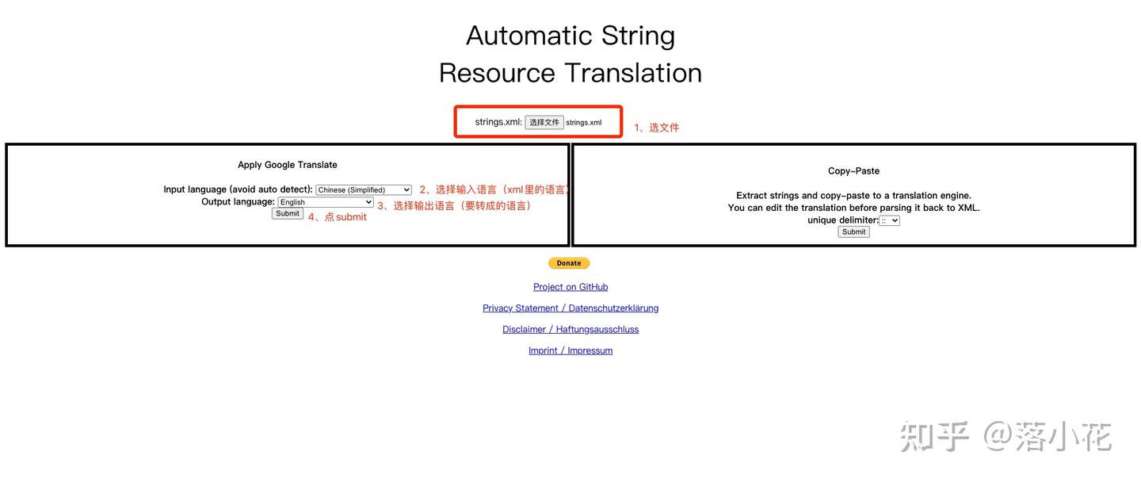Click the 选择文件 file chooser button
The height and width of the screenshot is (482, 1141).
[544, 122]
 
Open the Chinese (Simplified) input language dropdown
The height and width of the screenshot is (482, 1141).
[364, 190]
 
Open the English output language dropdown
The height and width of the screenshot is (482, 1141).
[326, 202]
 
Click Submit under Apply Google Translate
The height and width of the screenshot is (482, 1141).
[288, 214]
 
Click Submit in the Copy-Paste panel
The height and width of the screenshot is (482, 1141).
[853, 232]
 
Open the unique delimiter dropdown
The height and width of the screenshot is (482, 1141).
[890, 220]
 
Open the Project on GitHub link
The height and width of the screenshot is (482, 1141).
[570, 287]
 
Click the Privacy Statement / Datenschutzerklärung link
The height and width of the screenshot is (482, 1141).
[570, 308]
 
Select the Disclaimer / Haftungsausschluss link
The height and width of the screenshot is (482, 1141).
[570, 330]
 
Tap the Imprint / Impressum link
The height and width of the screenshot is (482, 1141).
[570, 350]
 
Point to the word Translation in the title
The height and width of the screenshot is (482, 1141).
[633, 73]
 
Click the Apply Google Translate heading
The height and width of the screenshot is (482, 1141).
[288, 165]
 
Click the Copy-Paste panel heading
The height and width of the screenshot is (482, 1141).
[853, 171]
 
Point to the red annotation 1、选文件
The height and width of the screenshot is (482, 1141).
[656, 128]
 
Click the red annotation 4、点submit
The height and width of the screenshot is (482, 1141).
[338, 217]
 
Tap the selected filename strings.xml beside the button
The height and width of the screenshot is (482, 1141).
[584, 123]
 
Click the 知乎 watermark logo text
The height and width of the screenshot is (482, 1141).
[935, 437]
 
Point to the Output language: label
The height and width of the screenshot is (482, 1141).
[238, 202]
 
